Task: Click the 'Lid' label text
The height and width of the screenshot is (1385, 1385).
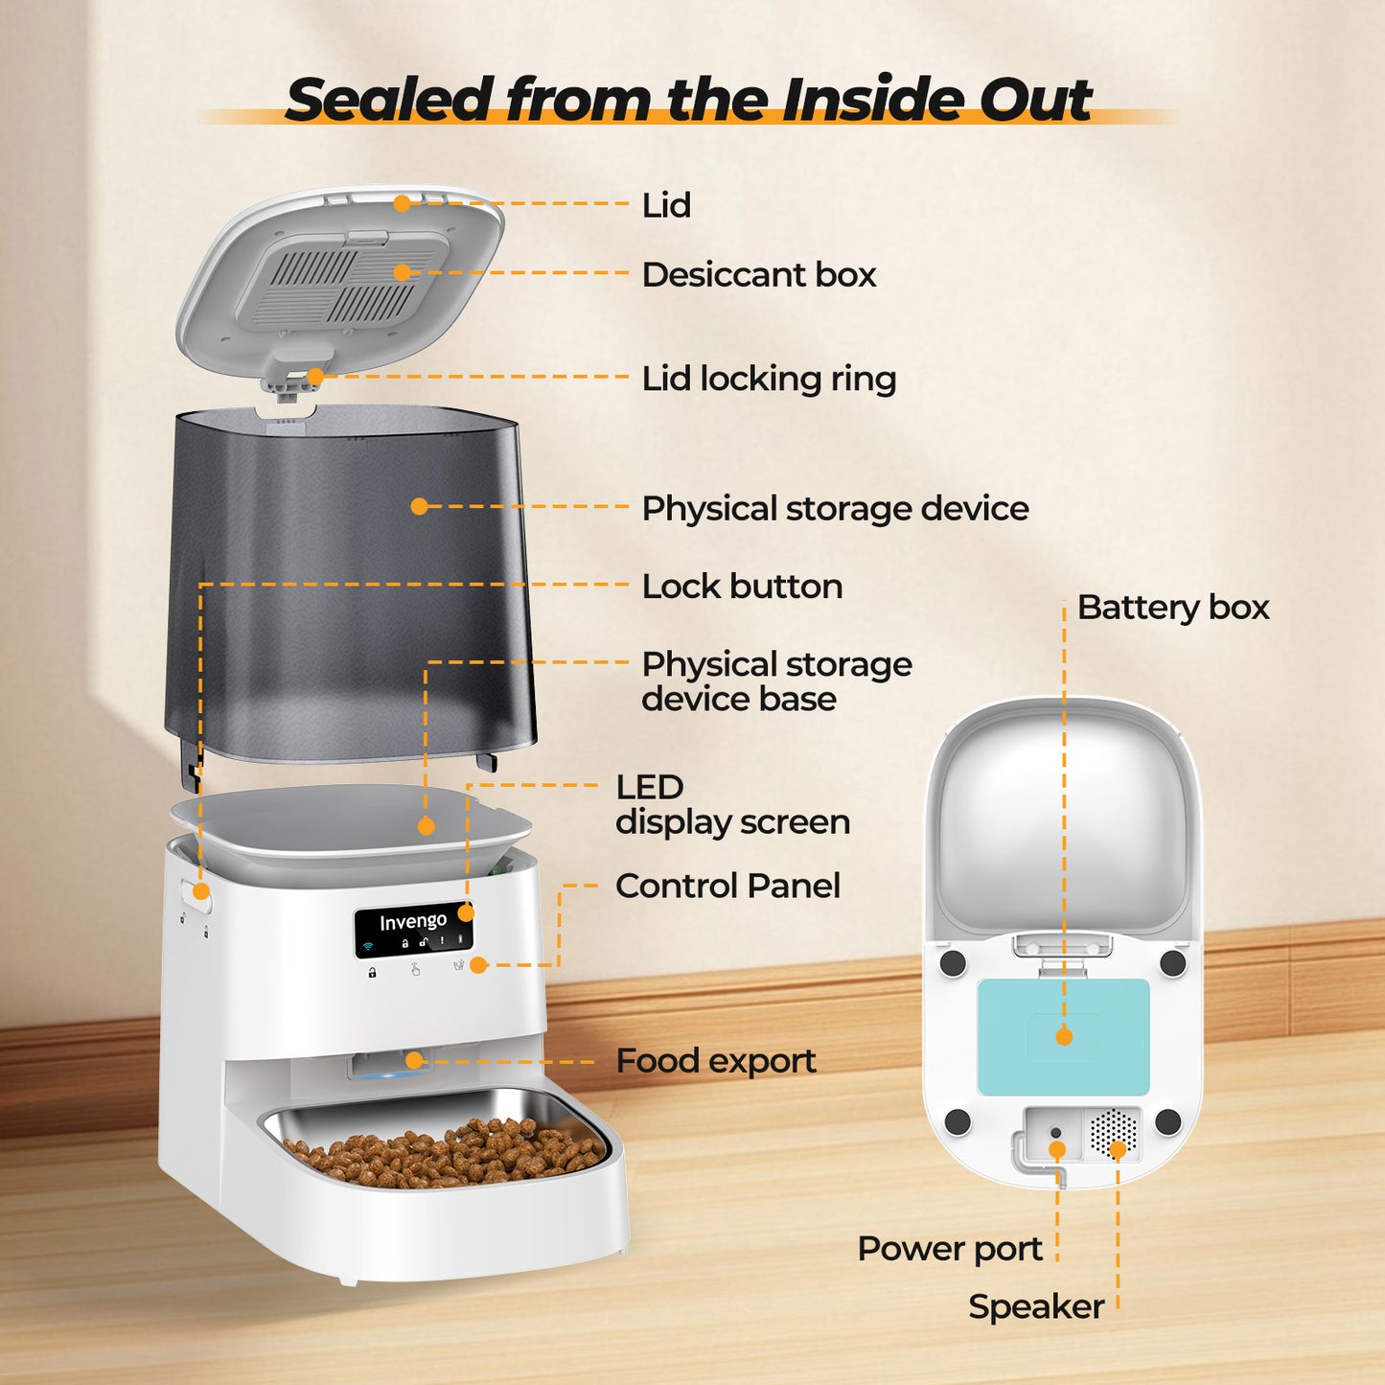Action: click(x=666, y=205)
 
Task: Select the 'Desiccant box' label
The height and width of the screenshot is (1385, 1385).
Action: click(x=759, y=274)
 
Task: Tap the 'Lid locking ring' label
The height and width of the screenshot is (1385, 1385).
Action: click(x=769, y=379)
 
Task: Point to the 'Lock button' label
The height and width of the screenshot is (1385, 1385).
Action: click(x=742, y=587)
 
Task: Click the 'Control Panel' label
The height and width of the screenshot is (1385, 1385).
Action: click(x=728, y=886)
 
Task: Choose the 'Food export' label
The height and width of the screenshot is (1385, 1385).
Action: click(x=716, y=1061)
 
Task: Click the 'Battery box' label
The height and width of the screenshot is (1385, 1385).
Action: click(x=1173, y=608)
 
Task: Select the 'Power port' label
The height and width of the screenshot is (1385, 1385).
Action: click(x=950, y=1249)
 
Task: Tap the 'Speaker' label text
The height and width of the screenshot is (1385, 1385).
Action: click(x=1036, y=1306)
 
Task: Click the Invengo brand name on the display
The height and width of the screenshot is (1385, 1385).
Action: click(x=412, y=921)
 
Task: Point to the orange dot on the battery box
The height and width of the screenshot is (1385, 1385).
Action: click(x=1064, y=1036)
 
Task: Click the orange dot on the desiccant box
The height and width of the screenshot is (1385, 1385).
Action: click(x=402, y=272)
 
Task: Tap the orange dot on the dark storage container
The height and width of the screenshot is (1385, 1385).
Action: click(x=419, y=506)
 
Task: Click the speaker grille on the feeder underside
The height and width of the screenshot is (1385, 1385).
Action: click(x=1114, y=1134)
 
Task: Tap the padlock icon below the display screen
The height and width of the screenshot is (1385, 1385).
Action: click(x=372, y=973)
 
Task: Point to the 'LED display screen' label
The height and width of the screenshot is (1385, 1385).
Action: click(x=732, y=805)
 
